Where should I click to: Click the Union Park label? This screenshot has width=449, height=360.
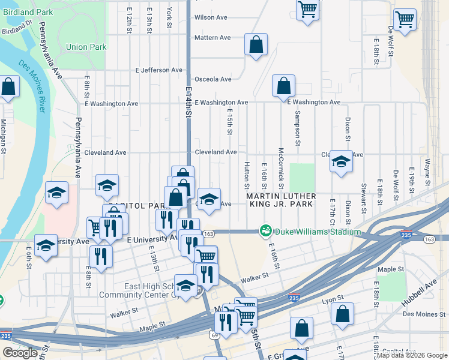tap(86, 47)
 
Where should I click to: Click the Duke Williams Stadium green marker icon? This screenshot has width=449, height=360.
tap(265, 231)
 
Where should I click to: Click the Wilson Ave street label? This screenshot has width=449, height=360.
tap(211, 17)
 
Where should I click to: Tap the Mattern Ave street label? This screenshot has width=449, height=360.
tap(212, 38)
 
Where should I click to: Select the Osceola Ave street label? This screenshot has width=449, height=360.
tap(213, 79)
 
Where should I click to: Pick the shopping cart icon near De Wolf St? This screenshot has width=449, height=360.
tap(405, 20)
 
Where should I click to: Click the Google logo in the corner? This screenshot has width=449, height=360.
tap(20, 353)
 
